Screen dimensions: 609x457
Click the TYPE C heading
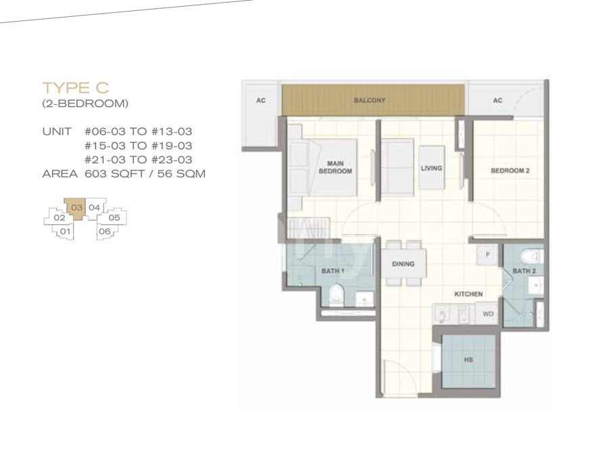(x=75, y=88)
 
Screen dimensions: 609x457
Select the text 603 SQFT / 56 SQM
(x=145, y=174)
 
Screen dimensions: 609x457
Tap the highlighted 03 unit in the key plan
(x=76, y=208)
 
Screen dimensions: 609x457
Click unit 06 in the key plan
(x=104, y=232)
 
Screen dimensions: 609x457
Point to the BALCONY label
(x=369, y=100)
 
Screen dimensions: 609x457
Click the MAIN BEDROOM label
(x=335, y=167)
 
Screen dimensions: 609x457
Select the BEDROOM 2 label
(x=510, y=171)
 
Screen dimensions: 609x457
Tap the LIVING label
(x=432, y=169)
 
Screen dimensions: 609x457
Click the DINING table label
(x=403, y=264)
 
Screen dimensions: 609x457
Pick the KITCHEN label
(x=468, y=295)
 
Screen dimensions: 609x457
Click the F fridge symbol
(x=487, y=255)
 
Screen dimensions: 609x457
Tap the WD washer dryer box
(x=488, y=313)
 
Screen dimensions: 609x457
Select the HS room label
(x=468, y=360)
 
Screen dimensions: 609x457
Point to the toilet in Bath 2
(x=531, y=256)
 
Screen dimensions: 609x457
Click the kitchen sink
(x=441, y=314)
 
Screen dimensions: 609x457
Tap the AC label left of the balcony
(x=261, y=101)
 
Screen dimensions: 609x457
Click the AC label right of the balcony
(x=497, y=101)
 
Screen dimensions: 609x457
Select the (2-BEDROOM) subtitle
(x=85, y=104)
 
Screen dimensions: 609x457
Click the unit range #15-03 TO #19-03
(x=138, y=146)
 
